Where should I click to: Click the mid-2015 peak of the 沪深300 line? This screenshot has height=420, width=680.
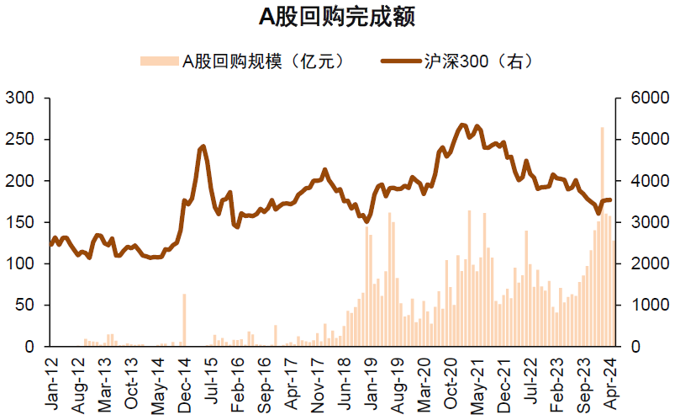tap(203, 147)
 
